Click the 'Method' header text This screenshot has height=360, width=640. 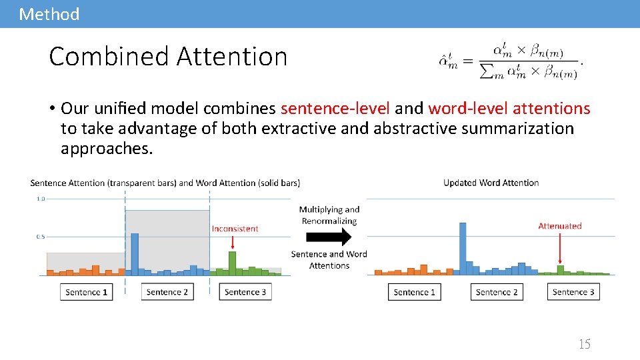(49, 14)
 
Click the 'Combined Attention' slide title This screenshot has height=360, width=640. (168, 57)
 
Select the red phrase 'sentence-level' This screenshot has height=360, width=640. (335, 108)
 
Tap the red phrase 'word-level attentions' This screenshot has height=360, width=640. (509, 108)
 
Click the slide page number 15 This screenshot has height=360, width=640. (584, 344)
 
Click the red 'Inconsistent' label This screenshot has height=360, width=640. (235, 229)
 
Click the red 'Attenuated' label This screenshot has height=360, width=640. (560, 226)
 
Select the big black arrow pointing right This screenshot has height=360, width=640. (329, 237)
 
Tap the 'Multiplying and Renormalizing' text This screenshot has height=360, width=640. (329, 215)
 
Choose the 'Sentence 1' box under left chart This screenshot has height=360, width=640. (87, 292)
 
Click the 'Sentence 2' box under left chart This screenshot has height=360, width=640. (167, 292)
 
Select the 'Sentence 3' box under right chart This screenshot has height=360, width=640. (573, 292)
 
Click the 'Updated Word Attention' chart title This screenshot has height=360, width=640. (491, 183)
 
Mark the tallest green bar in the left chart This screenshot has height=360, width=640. (232, 263)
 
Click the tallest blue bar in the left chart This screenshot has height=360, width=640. (135, 253)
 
